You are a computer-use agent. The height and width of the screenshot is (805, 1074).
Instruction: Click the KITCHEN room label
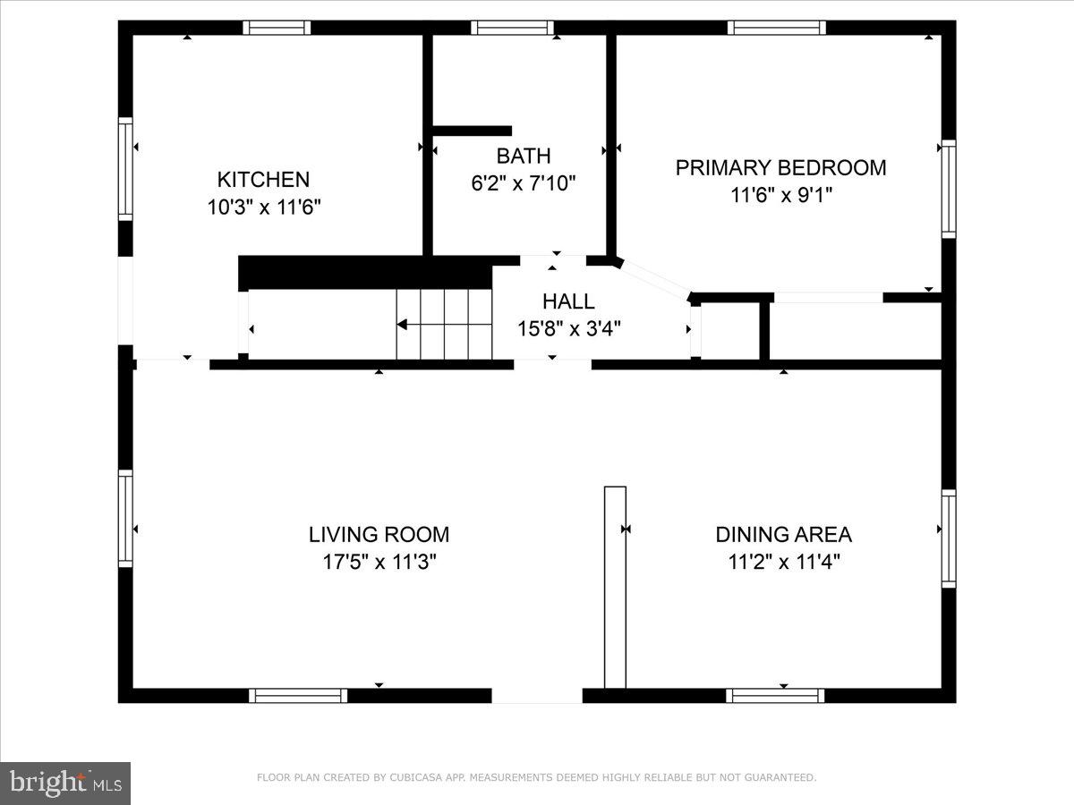[x=263, y=179]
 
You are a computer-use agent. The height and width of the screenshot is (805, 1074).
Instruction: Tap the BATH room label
[x=524, y=156]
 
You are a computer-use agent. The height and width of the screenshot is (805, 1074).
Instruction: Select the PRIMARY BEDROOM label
[x=780, y=167]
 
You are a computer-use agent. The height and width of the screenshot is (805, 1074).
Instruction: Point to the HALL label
[x=568, y=301]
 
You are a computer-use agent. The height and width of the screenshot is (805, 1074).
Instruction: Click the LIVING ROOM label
[x=379, y=535]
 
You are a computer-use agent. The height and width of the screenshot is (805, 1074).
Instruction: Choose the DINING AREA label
[x=783, y=535]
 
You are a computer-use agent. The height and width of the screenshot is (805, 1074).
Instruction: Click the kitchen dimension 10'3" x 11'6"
[x=263, y=207]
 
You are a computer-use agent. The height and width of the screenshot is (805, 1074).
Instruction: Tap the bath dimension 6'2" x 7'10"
[x=524, y=183]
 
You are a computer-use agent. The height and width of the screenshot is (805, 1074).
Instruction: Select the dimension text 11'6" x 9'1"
[x=780, y=194]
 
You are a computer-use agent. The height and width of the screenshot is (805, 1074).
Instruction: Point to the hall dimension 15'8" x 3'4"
[x=568, y=328]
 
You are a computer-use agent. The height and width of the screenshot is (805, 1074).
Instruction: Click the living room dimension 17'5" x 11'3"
[x=379, y=562]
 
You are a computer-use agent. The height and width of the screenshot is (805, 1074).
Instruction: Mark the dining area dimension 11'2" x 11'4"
[x=783, y=562]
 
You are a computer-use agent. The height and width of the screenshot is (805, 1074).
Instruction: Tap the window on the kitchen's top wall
[x=277, y=28]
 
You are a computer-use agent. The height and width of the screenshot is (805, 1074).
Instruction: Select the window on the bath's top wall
[x=512, y=28]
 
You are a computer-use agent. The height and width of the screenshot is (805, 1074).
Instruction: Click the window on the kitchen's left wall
[x=125, y=169]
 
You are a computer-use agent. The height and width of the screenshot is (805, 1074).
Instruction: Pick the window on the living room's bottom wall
[x=298, y=695]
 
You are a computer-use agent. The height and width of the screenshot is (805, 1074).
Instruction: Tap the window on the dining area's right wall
[x=948, y=538]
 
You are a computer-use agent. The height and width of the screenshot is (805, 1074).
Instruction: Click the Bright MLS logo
[x=65, y=784]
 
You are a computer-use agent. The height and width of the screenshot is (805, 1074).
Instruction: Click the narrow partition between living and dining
[x=615, y=587]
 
